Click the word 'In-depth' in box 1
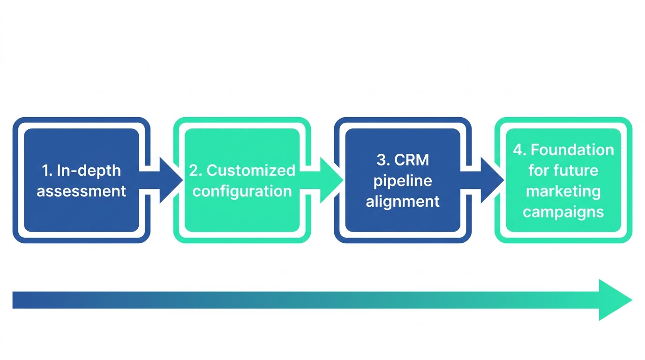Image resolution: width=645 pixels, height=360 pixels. point(89,171)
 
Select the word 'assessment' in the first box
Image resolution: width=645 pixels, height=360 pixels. point(82,191)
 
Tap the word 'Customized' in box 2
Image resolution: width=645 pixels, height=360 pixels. point(251,171)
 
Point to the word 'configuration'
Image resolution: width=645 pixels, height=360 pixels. point(242,191)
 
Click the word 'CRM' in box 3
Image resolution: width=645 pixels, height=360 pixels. point(412,160)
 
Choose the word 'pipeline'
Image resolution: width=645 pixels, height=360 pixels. point(403,180)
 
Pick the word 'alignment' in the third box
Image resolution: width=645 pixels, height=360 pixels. point(403,202)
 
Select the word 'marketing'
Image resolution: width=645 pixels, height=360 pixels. point(563,191)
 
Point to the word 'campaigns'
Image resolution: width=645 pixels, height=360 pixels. point(563,212)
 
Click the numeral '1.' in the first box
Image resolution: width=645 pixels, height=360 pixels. point(47,171)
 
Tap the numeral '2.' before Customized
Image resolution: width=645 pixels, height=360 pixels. point(195,171)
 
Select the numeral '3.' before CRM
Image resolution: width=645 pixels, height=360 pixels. point(383,160)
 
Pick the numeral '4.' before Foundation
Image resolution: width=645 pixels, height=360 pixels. point(519,150)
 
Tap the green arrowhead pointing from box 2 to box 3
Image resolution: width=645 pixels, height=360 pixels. point(330,180)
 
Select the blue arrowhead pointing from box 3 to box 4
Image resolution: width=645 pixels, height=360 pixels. point(491,180)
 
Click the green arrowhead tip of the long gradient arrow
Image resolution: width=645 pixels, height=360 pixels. point(614,300)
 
